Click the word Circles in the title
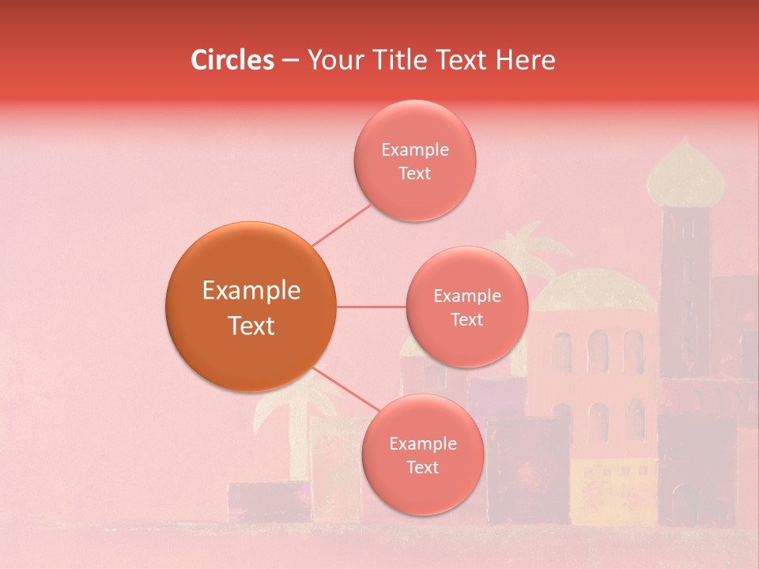tap(232, 60)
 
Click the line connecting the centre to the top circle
tap(342, 224)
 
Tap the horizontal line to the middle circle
tap(371, 307)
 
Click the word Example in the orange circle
tap(251, 291)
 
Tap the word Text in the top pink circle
tap(414, 174)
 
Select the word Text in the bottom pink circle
tap(422, 468)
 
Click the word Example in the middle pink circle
tap(466, 296)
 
